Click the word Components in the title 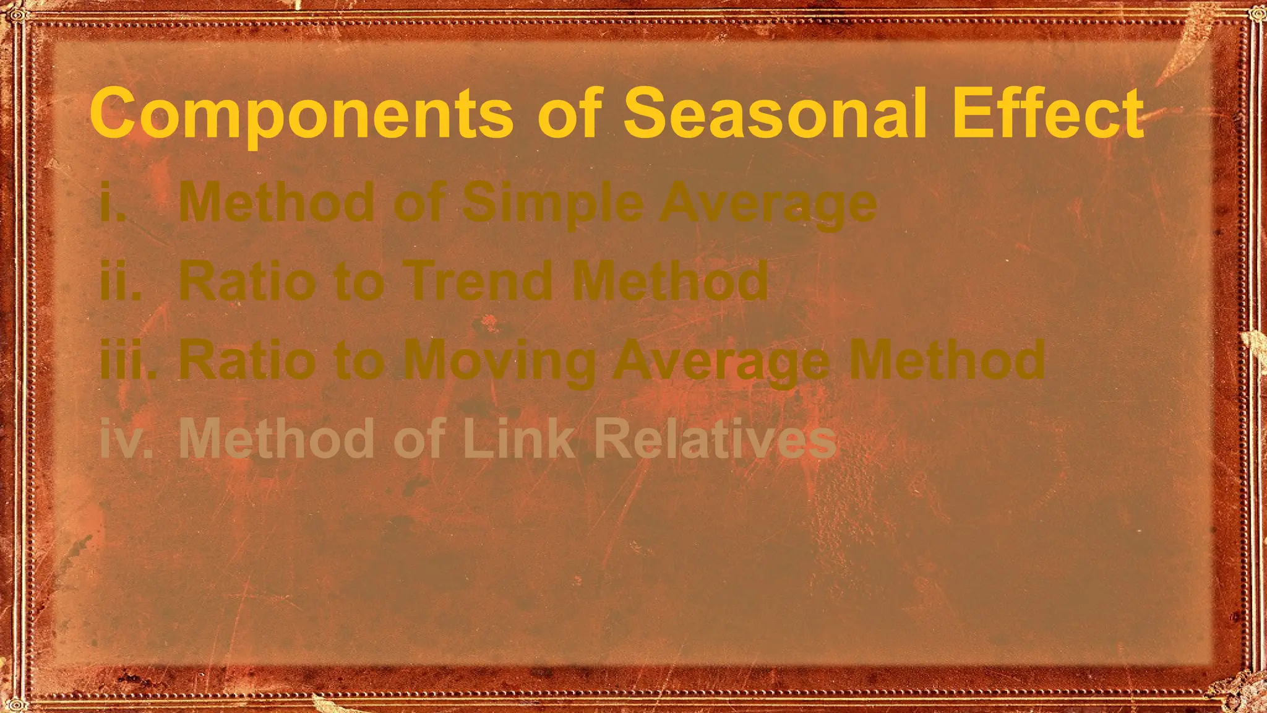point(301,114)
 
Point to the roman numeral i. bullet point(113,202)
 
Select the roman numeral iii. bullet point(127,360)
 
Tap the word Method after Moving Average point(947,360)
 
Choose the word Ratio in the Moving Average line point(247,360)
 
